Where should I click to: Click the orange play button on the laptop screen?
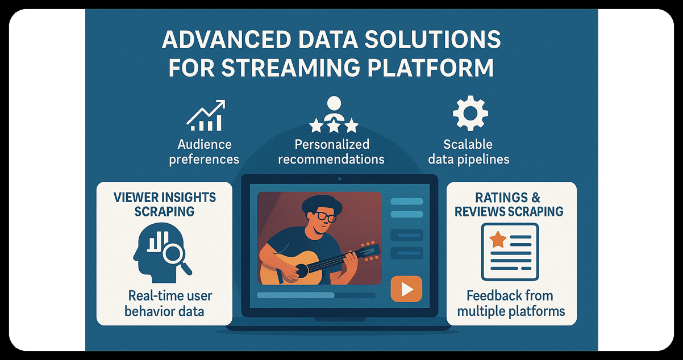(x=406, y=289)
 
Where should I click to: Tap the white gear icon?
(x=469, y=114)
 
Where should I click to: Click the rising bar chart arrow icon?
(x=206, y=116)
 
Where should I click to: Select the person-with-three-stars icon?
(x=334, y=115)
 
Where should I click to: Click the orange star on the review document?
(x=498, y=240)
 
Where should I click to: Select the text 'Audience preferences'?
(x=204, y=152)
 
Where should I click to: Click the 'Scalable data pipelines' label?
(x=468, y=152)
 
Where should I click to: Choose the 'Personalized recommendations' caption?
(x=331, y=152)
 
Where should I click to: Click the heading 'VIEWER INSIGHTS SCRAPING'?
(x=164, y=204)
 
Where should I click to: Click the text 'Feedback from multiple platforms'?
(x=511, y=303)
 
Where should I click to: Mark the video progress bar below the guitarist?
(x=315, y=295)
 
